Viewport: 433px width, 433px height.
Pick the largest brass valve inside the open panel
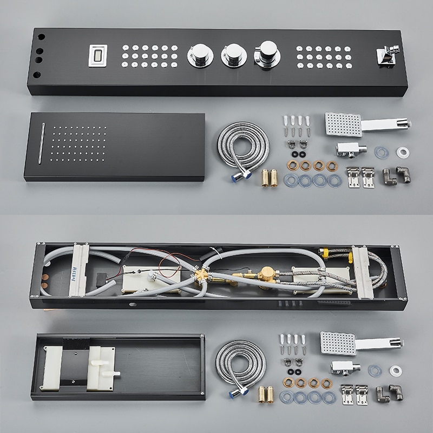click(x=265, y=274)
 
